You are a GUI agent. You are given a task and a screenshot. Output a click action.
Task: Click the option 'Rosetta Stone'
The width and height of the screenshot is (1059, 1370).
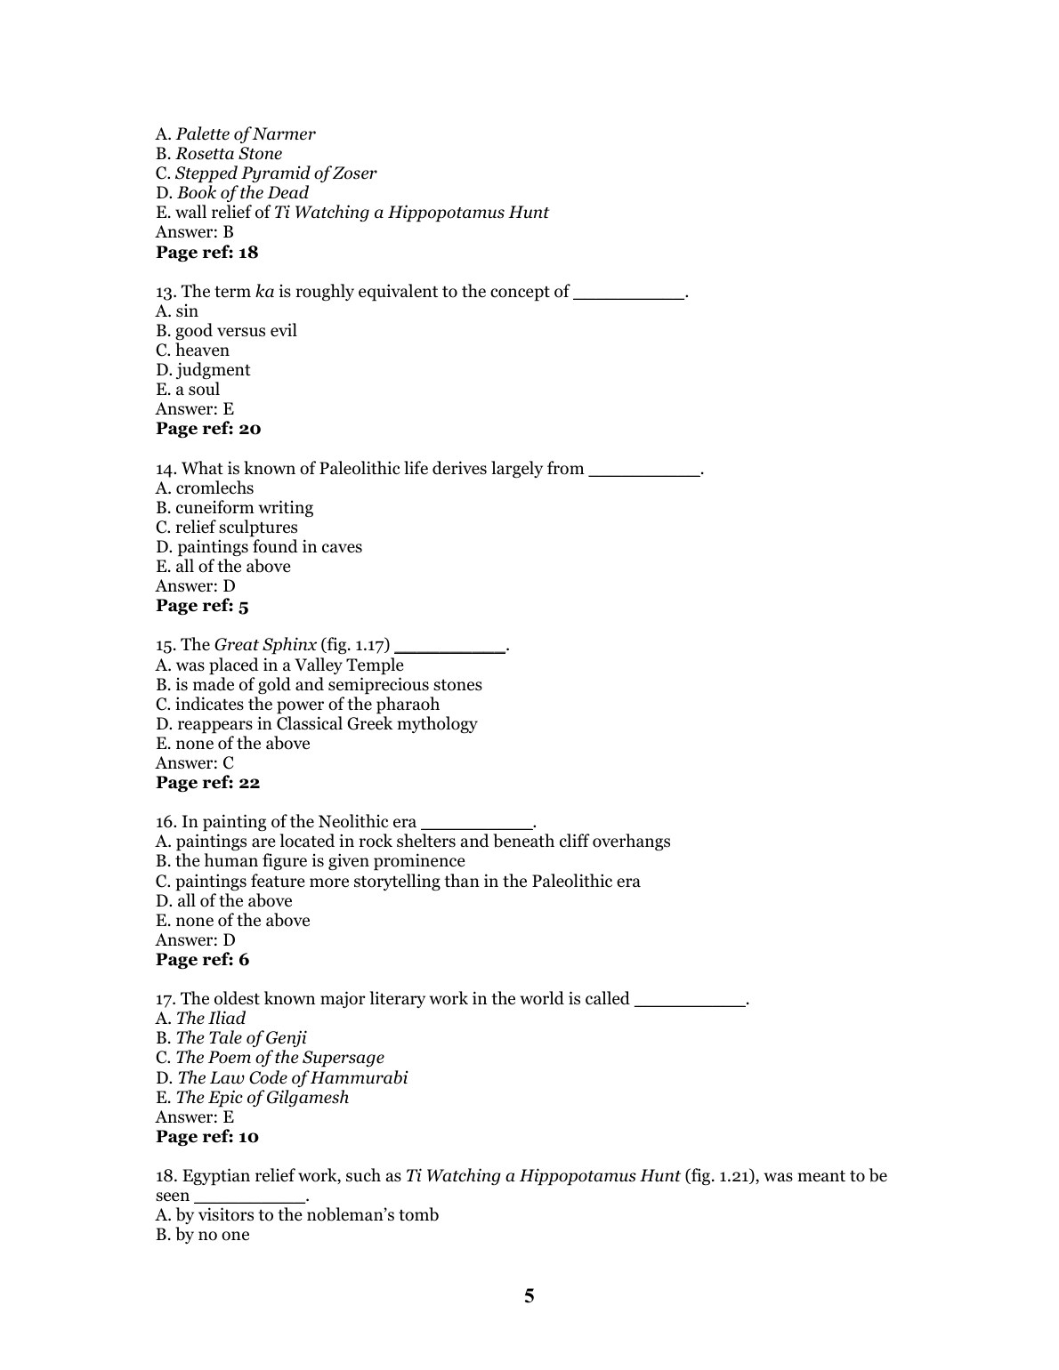[228, 154]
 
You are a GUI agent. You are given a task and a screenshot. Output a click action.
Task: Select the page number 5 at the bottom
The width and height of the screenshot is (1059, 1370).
[529, 1296]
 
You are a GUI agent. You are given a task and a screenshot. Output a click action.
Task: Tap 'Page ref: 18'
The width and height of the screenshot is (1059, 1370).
[206, 252]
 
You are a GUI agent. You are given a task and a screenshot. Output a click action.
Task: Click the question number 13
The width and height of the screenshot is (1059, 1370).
[166, 292]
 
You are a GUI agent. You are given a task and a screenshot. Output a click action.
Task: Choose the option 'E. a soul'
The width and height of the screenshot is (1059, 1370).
[188, 390]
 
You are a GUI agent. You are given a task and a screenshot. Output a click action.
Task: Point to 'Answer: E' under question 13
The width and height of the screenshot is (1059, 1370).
[195, 409]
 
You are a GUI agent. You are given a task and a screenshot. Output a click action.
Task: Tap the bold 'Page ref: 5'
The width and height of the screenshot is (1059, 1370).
[202, 606]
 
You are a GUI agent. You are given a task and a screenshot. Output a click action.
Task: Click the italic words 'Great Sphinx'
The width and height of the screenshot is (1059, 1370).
[265, 645]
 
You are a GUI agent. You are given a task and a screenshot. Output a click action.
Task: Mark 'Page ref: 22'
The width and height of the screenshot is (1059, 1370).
[207, 783]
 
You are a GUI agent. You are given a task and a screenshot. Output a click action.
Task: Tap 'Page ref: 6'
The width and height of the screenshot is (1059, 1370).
[202, 960]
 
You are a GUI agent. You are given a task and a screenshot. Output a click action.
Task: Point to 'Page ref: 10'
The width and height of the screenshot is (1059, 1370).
[206, 1137]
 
